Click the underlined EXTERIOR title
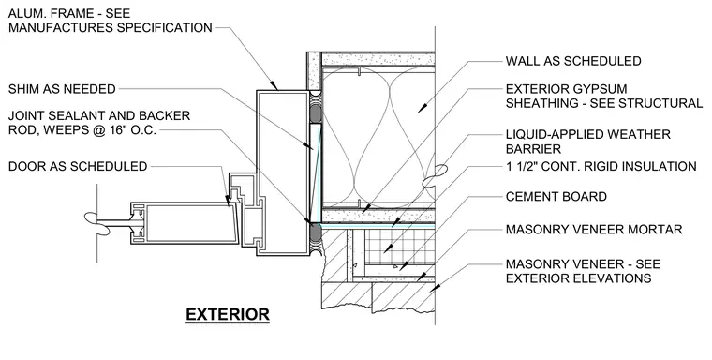pyautogui.click(x=228, y=315)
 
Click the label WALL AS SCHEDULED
pyautogui.click(x=573, y=61)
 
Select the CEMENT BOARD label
pyautogui.click(x=556, y=197)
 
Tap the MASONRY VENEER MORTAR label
pyautogui.click(x=594, y=229)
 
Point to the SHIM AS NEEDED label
pyautogui.click(x=62, y=89)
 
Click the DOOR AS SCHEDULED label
pyautogui.click(x=78, y=166)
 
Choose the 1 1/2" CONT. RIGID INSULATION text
pyautogui.click(x=601, y=166)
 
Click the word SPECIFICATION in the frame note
pyautogui.click(x=164, y=28)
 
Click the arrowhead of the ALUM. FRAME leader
pyautogui.click(x=274, y=85)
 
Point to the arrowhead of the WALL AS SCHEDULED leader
pyautogui.click(x=422, y=109)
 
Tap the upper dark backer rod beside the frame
pyautogui.click(x=315, y=113)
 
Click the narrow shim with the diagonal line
pyautogui.click(x=316, y=173)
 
